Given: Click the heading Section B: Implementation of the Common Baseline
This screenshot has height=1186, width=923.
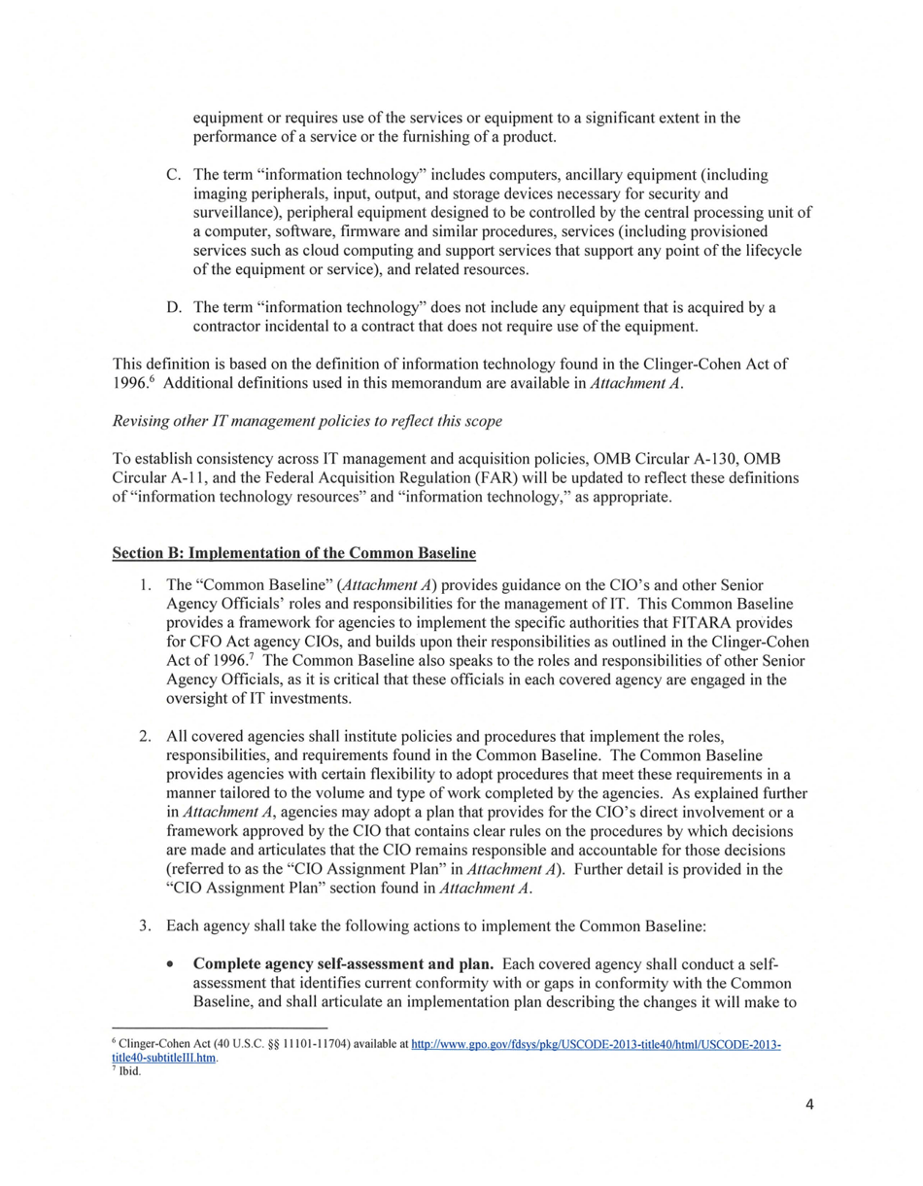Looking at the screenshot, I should [293, 553].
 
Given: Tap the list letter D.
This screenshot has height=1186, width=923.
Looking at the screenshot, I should [173, 308].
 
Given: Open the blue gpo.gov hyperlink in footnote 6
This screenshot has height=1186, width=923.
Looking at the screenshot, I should [596, 1045].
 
